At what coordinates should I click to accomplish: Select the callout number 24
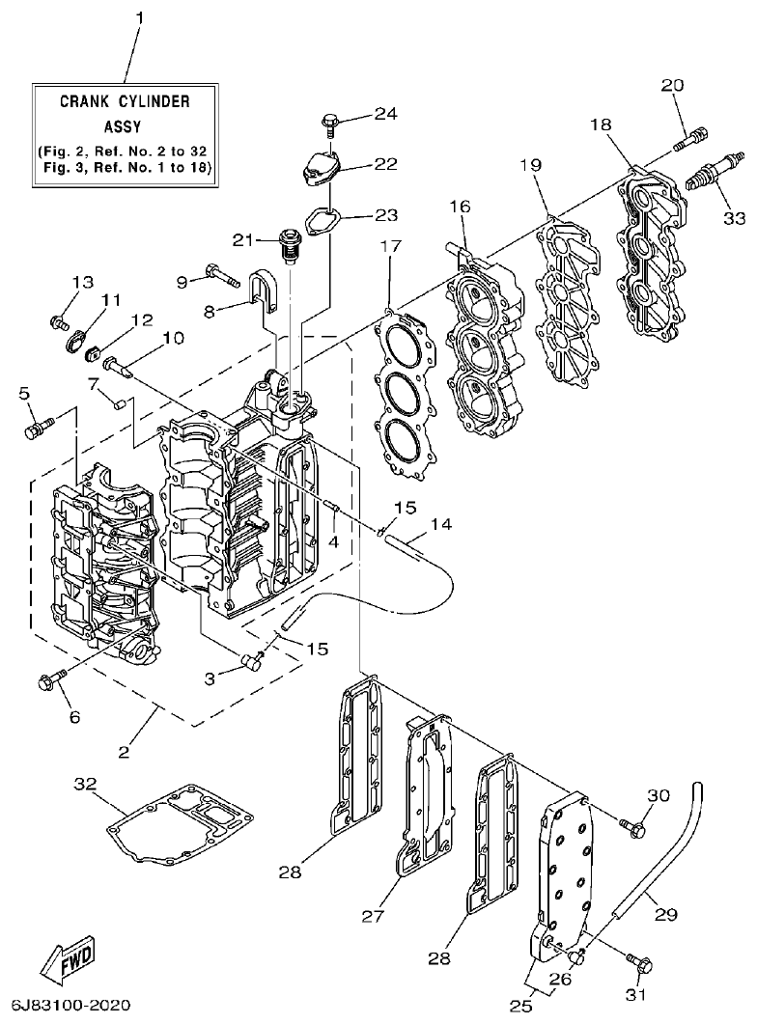click(x=385, y=114)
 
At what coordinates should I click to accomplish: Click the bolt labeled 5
click(x=38, y=425)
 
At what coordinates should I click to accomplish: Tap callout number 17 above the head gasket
click(x=390, y=246)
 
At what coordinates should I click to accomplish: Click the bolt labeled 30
click(x=631, y=826)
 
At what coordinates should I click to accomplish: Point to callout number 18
click(x=601, y=125)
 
